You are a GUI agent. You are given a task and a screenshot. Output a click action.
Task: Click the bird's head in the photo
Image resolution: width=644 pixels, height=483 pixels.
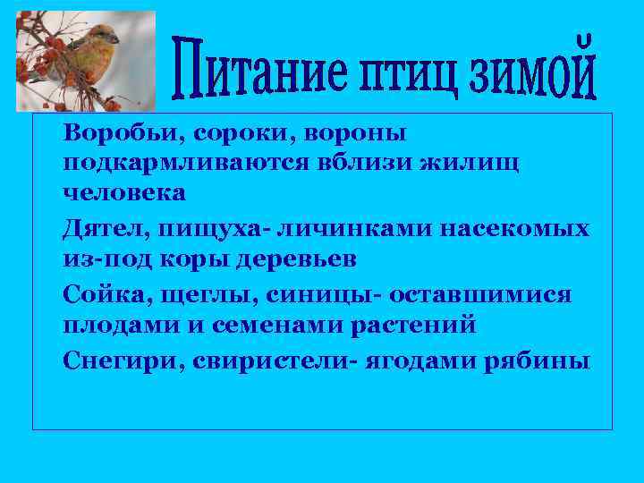[x=104, y=35]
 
